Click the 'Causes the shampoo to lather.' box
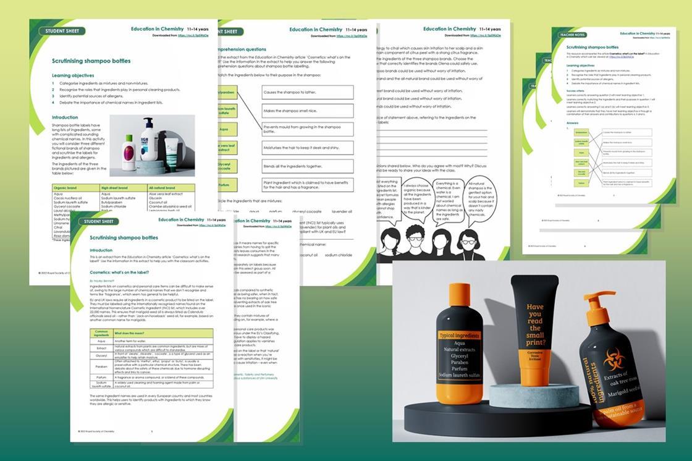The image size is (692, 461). pos(308,93)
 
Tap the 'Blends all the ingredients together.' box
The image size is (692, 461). pos(308,166)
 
